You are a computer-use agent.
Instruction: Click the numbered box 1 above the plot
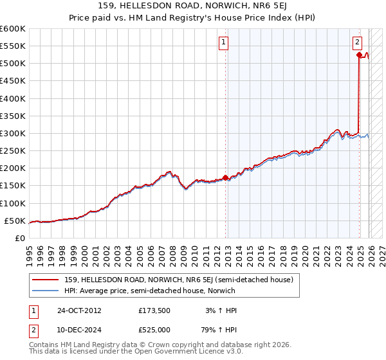click(223, 43)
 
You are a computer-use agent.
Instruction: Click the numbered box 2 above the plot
click(357, 43)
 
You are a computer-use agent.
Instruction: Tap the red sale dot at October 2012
click(225, 177)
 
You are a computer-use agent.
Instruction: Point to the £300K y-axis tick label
click(13, 133)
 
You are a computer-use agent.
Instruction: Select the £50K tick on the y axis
click(15, 221)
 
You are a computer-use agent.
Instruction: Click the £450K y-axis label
click(13, 81)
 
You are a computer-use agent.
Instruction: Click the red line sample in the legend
click(46, 280)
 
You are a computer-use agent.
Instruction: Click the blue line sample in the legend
click(46, 291)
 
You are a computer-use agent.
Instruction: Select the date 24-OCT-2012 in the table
click(78, 310)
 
